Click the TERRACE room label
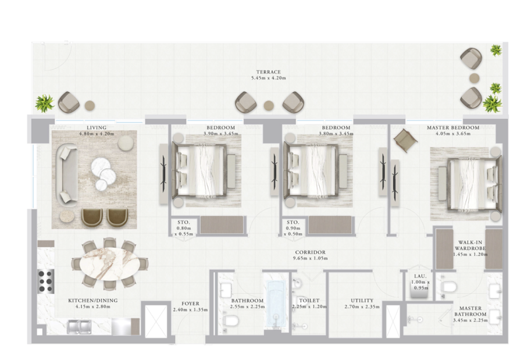point(268,72)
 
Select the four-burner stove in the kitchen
point(46,281)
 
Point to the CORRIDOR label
point(310,252)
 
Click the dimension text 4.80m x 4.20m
point(97,134)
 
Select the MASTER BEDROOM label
point(453,128)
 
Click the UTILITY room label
point(362,301)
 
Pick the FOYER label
point(190,304)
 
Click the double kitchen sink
point(79,327)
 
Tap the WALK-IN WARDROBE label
point(470,245)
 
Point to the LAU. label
point(420,276)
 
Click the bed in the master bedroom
point(474,184)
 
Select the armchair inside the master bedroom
point(405,140)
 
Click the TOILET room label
point(309,301)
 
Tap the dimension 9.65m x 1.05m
point(310,258)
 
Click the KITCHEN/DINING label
point(93,301)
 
